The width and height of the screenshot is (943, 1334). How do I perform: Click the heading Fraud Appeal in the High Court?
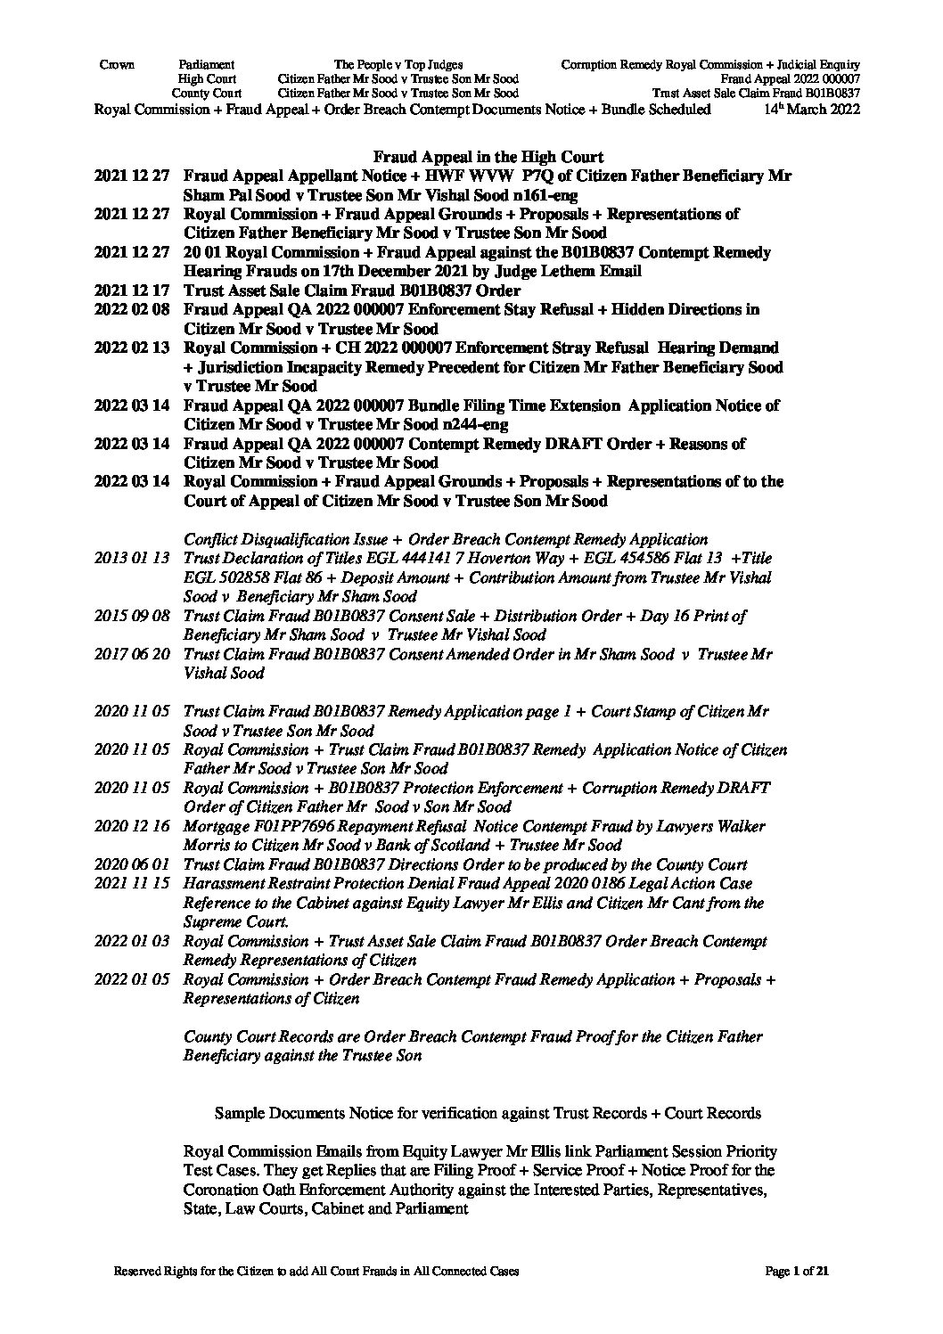488,158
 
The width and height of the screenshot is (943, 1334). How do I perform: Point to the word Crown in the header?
116,65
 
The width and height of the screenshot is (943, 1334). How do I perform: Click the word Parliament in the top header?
207,65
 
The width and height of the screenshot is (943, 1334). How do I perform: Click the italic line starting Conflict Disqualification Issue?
446,540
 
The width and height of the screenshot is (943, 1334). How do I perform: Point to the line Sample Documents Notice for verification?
488,1113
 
